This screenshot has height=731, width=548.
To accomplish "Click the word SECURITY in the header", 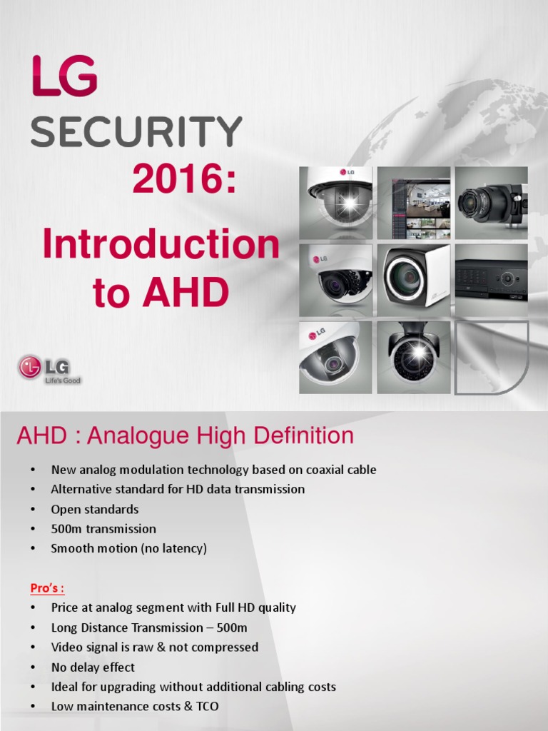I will click(136, 132).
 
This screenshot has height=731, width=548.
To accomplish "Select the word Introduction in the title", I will click(161, 245).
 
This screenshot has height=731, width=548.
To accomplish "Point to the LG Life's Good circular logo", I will click(30, 369).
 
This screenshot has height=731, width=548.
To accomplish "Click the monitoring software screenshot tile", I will click(414, 203).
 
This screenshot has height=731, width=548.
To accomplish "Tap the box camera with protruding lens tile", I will click(491, 203).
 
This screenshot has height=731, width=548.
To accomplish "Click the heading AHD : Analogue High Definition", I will click(185, 436).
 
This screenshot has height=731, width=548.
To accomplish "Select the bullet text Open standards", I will click(95, 510).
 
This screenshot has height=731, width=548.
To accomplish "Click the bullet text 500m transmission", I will click(103, 529).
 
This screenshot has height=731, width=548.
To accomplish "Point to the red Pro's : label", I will click(48, 588).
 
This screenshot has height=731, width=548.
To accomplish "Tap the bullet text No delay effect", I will click(93, 667).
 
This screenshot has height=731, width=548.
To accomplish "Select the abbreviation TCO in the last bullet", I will click(206, 707).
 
